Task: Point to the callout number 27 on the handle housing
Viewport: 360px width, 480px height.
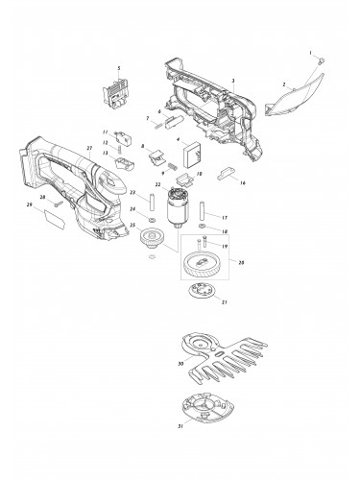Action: tap(89, 149)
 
